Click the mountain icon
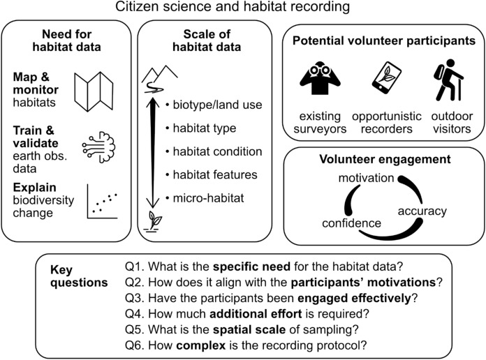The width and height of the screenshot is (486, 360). pyautogui.click(x=160, y=72)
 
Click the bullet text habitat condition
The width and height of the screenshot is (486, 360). pyautogui.click(x=213, y=151)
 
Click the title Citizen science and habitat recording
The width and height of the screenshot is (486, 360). pyautogui.click(x=243, y=8)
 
